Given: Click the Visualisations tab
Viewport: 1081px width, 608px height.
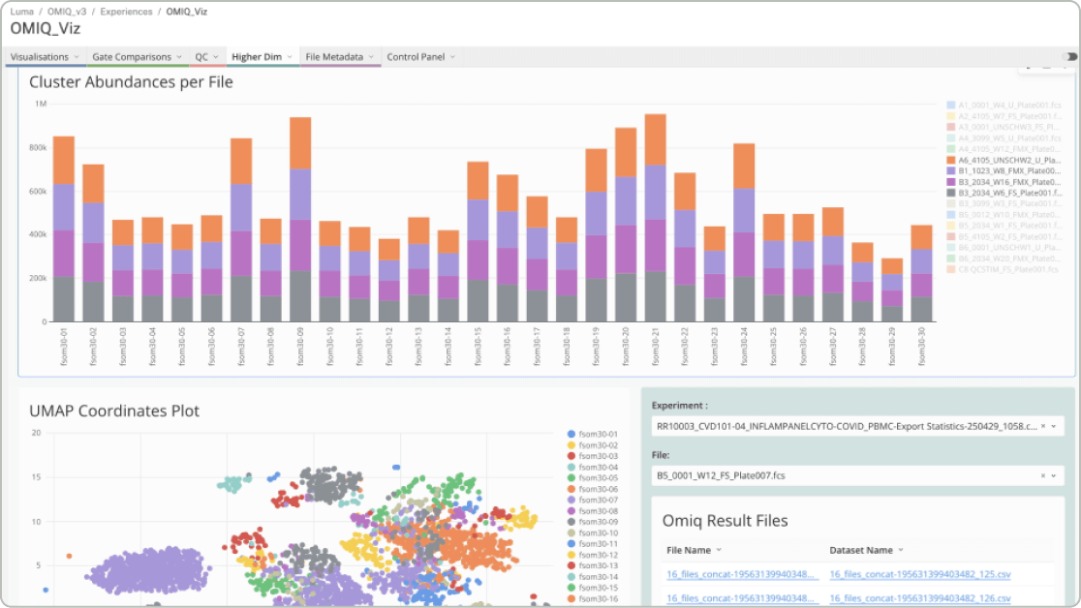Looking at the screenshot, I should pos(40,57).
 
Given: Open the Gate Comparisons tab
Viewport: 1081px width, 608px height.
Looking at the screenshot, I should pos(132,57).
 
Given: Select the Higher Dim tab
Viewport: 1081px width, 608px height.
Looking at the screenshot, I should pos(257,57).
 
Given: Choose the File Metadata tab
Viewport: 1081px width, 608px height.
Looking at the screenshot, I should pos(334,57).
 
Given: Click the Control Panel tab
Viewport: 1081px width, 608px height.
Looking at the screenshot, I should pos(416,57).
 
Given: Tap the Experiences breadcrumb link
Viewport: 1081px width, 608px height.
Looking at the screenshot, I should pos(126,12).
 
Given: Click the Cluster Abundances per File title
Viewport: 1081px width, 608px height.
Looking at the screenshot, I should pos(131,82).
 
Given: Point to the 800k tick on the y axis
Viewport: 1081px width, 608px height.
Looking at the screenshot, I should pos(38,147).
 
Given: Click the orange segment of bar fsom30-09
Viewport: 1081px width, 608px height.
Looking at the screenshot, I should pos(300,143).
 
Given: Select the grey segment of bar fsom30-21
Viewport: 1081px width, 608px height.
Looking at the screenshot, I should pos(655,296).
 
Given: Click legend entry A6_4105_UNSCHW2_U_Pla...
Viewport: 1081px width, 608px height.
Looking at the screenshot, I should pos(1004,160).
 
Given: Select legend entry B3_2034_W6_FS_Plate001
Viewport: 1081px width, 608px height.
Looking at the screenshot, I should pos(1004,193).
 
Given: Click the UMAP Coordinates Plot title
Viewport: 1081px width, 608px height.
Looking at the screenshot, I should pos(114,411).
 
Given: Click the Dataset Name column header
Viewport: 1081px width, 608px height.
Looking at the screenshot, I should pos(861,550).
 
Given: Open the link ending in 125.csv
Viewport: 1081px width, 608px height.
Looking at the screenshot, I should pos(913,575).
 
